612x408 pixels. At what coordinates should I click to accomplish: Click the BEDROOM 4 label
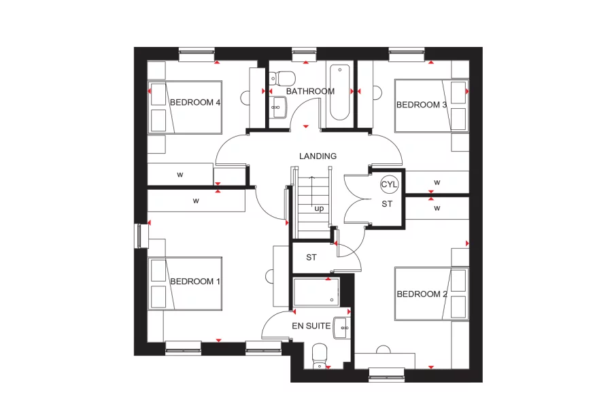[x=195, y=103]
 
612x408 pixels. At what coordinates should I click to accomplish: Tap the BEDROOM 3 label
[x=422, y=105]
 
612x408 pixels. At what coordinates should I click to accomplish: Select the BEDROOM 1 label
[x=195, y=282]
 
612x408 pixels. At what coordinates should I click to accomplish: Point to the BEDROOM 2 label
[x=422, y=294]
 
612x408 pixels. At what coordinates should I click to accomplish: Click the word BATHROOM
[x=310, y=91]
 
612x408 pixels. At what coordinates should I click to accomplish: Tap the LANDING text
[x=318, y=156]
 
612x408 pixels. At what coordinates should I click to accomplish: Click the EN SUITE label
[x=311, y=326]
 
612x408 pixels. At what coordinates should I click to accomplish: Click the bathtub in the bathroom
[x=338, y=92]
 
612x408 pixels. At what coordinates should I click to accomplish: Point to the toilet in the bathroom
[x=285, y=76]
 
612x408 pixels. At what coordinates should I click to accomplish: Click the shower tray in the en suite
[x=316, y=292]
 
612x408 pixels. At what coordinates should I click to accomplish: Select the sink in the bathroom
[x=277, y=105]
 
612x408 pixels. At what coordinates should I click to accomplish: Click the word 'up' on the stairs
[x=319, y=209]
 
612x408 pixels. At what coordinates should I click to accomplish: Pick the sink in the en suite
[x=343, y=328]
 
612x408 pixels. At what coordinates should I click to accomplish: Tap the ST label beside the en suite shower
[x=311, y=258]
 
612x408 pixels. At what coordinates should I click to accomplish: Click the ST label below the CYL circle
[x=386, y=203]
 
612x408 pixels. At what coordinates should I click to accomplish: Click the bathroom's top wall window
[x=301, y=51]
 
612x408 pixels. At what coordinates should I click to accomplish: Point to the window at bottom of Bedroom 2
[x=386, y=372]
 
